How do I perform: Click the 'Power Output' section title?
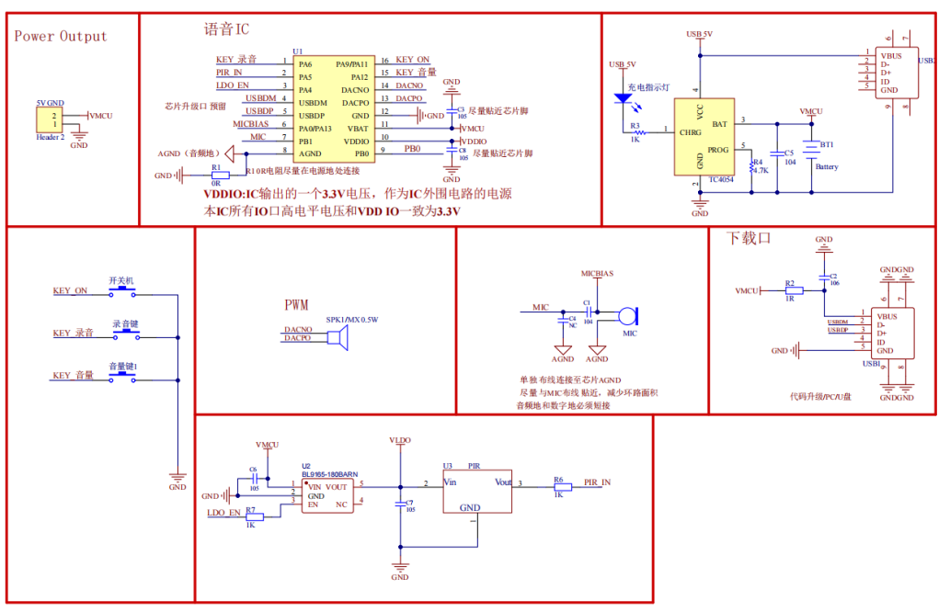click(x=61, y=37)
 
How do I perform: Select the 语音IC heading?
click(x=226, y=29)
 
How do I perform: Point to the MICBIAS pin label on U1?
click(x=250, y=123)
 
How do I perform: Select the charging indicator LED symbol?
click(x=627, y=96)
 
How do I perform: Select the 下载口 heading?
click(x=748, y=238)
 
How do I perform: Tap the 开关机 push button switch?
click(x=122, y=291)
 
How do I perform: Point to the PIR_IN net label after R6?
click(x=597, y=482)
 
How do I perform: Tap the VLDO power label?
click(x=400, y=440)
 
